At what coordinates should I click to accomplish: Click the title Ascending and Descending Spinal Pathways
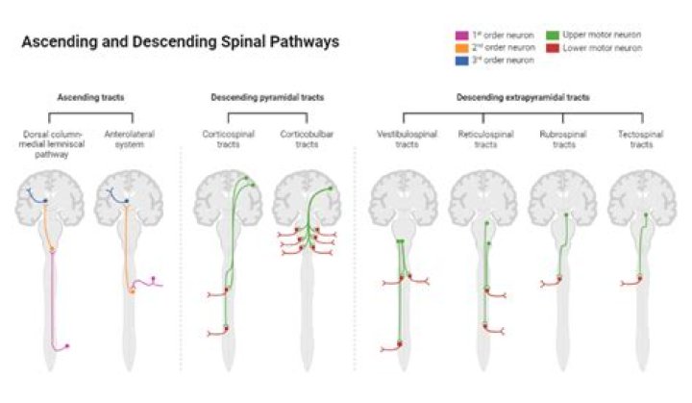[180, 43]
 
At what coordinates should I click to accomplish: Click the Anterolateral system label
[126, 138]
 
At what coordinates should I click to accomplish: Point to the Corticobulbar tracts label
[302, 138]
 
